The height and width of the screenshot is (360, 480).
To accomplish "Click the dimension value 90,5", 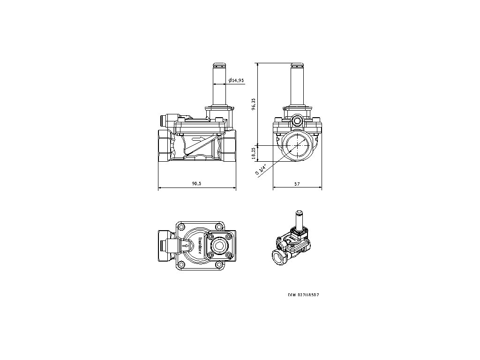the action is [x=196, y=184].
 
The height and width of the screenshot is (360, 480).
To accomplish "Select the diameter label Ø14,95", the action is [x=236, y=81].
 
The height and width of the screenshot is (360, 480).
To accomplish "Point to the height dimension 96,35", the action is [x=254, y=104].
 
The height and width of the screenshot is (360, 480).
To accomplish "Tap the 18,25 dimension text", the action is [x=254, y=154].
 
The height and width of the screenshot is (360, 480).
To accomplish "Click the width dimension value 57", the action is [x=297, y=184].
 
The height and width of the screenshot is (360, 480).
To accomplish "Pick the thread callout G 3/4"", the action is [x=261, y=170].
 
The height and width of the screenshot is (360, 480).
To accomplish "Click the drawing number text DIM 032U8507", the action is [x=307, y=295].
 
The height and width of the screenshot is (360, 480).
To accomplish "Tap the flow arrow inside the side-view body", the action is [x=199, y=138].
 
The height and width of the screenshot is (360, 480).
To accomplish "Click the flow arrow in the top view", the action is [x=187, y=244].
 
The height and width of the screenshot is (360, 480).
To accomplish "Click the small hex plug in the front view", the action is [x=297, y=120].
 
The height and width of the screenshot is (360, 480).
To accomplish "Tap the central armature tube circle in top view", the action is [x=218, y=244].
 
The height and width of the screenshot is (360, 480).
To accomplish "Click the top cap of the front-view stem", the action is [x=297, y=65].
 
